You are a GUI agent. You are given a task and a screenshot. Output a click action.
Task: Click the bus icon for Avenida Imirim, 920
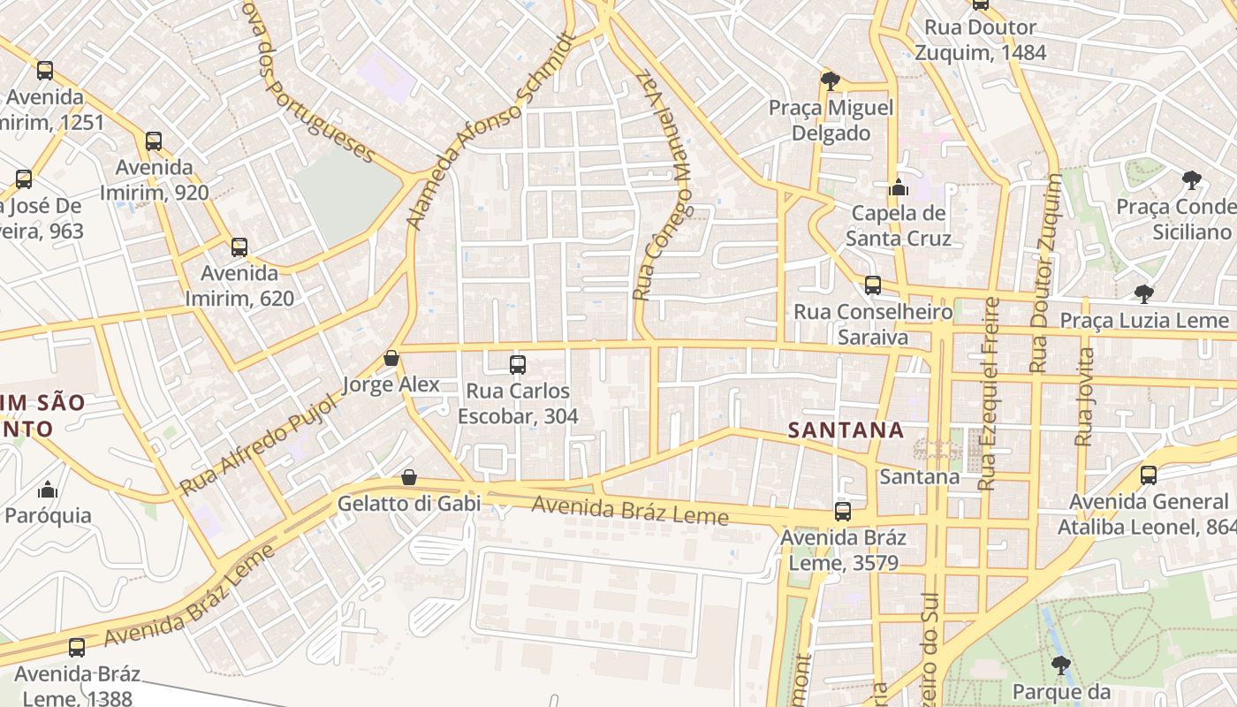tap(154, 141)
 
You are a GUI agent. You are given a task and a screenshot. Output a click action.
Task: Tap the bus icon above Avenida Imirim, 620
tap(239, 247)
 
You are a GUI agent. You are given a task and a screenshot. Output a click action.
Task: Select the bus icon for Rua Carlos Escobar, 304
tap(518, 364)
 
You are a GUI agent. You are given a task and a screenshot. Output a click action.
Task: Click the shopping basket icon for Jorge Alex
tap(391, 358)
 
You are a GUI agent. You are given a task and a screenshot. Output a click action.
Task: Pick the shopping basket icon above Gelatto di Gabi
tap(409, 477)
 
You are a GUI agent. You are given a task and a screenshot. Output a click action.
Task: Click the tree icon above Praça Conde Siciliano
tap(1192, 180)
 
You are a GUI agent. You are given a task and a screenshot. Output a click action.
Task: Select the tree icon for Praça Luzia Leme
tap(1144, 293)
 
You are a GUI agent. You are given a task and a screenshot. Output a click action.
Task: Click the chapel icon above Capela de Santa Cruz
tap(899, 186)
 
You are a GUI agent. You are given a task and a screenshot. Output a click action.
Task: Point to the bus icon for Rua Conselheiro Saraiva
tap(873, 285)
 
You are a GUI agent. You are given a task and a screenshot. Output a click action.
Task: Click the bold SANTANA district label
tap(846, 430)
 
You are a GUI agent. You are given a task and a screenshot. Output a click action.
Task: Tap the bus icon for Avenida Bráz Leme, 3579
tap(843, 511)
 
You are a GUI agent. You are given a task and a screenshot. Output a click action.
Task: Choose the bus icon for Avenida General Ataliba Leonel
tap(1149, 475)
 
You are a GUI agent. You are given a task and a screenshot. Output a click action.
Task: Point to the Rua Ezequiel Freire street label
tap(989, 393)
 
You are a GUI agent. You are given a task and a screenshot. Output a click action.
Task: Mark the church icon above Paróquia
tap(48, 489)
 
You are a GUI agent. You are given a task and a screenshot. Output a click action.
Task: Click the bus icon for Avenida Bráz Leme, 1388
tap(77, 647)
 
